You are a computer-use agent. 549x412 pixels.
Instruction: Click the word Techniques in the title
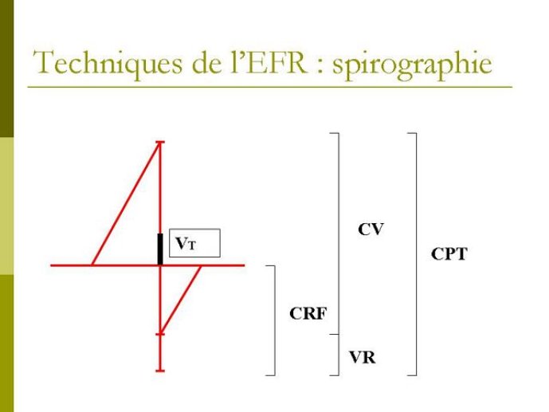coord(104,63)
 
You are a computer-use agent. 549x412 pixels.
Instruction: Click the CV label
coord(371,230)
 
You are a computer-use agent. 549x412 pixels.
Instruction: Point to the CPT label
coord(449,255)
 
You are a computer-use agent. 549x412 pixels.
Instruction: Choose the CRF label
coord(308,313)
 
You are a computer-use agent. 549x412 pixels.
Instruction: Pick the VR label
coord(362,358)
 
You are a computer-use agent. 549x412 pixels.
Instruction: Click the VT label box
coord(192,244)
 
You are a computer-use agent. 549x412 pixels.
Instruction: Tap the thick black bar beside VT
coord(160,249)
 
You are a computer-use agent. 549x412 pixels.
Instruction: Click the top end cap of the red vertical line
coord(160,143)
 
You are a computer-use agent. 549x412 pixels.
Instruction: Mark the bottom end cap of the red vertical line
coord(160,370)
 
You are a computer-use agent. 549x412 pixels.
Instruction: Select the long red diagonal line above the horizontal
coord(126,203)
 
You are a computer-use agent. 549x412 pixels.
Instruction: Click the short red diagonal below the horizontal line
coord(181,299)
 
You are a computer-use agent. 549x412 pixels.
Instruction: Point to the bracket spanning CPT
coord(414,253)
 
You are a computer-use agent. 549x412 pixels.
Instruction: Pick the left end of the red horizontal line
coord(53,265)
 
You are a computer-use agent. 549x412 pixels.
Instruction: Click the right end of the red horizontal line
coord(243,265)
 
